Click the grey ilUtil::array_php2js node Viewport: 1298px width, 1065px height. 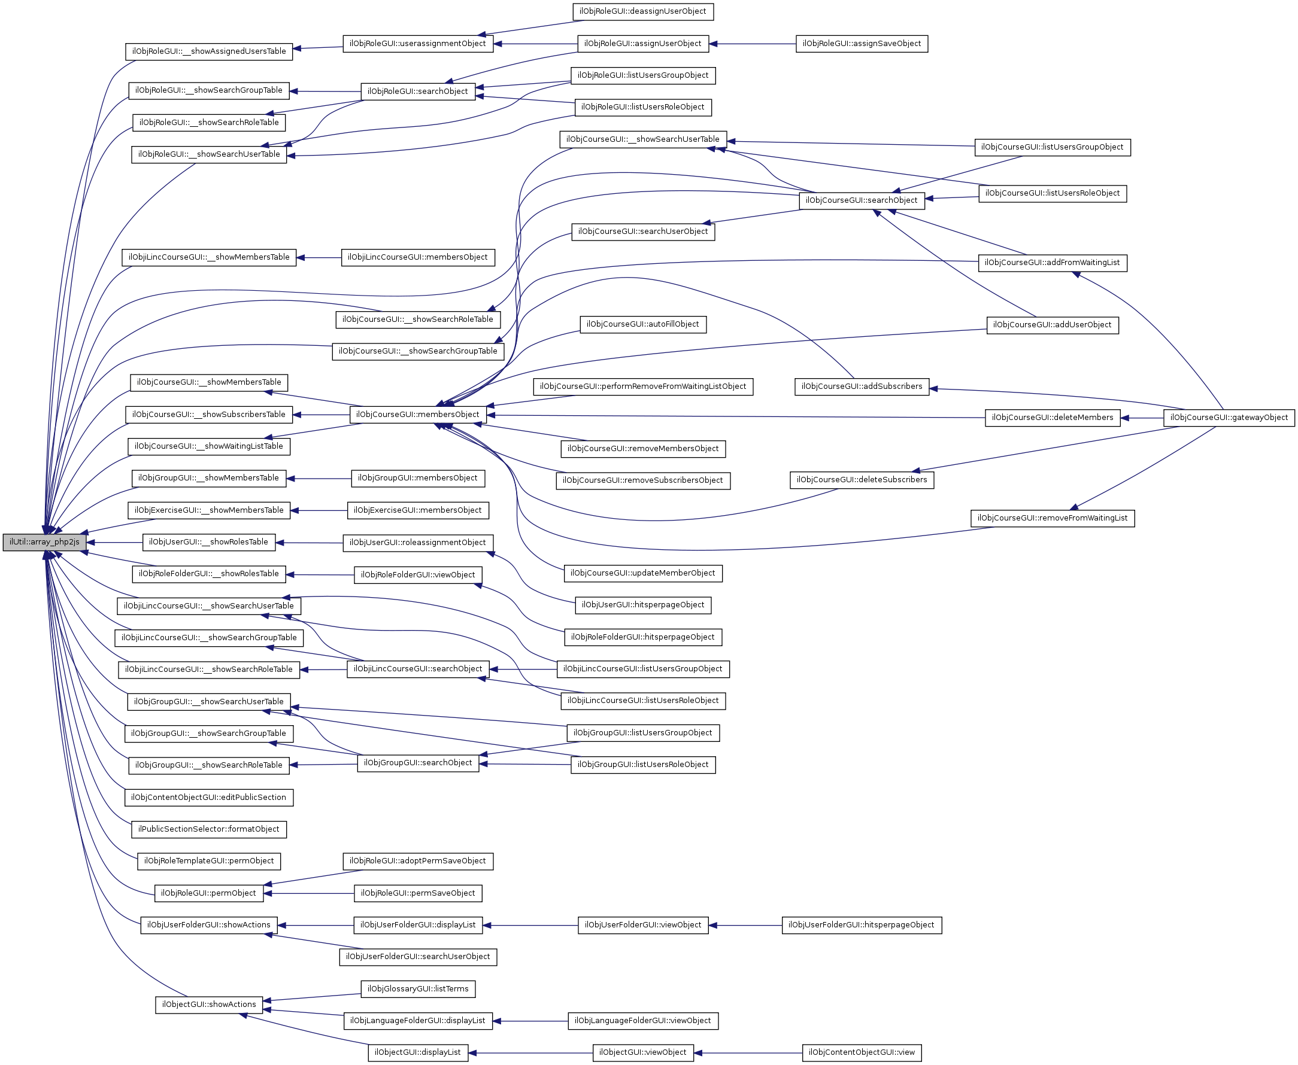coord(44,542)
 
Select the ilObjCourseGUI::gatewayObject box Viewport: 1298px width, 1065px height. coord(1229,418)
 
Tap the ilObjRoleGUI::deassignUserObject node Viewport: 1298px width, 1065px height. coord(642,11)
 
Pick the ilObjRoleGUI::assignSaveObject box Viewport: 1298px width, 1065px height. coord(861,44)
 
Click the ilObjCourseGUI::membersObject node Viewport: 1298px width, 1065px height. coord(417,415)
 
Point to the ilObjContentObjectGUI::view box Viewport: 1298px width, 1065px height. coord(861,1052)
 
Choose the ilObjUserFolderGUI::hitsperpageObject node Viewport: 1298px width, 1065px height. coord(861,925)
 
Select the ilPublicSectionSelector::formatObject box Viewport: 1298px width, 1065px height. coord(209,829)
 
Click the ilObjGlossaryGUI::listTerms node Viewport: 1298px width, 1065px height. coord(417,989)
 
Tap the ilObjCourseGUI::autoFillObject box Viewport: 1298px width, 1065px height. coord(642,324)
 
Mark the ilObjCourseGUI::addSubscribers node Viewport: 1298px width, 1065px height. coord(861,387)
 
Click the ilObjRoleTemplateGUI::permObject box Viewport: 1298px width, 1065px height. coord(209,862)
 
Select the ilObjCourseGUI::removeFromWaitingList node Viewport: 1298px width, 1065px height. coord(1052,518)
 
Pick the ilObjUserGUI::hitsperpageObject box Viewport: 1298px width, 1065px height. coord(642,605)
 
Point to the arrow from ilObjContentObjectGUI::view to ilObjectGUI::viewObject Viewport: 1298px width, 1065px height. coord(748,1052)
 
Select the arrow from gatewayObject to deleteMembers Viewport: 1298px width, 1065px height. coord(1142,418)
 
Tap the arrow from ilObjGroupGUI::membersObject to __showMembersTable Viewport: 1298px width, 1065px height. coord(319,479)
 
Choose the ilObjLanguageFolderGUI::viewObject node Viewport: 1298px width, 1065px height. coord(642,1021)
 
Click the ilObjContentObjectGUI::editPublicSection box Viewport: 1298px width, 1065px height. coord(209,798)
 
